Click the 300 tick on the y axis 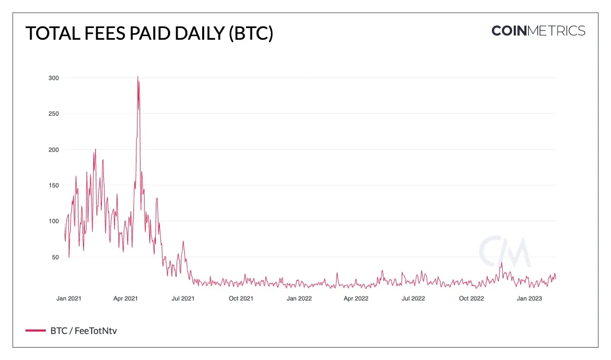(x=53, y=78)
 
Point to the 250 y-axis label (x=53, y=114)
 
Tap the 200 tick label (x=53, y=150)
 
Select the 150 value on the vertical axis (x=53, y=185)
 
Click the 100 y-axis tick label (x=53, y=221)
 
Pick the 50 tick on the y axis (x=55, y=257)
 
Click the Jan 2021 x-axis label (x=69, y=298)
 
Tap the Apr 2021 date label (x=125, y=298)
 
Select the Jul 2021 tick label (x=183, y=298)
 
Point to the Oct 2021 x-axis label (x=240, y=298)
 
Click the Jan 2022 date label (x=299, y=298)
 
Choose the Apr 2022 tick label (x=355, y=298)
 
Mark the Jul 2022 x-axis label (x=413, y=298)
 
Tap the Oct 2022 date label (x=471, y=298)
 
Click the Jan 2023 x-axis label (x=529, y=298)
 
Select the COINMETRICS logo (x=538, y=31)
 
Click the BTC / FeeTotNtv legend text (x=84, y=331)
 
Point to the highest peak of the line (x=137, y=77)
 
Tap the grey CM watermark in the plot (x=504, y=252)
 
